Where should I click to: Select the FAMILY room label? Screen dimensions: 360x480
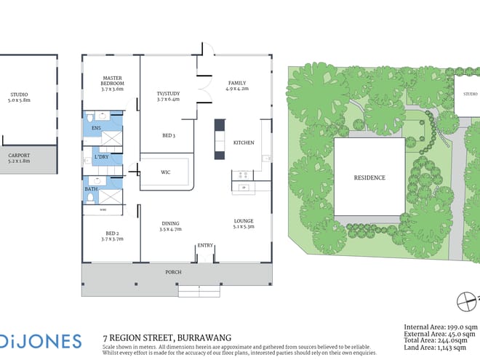pos(238,83)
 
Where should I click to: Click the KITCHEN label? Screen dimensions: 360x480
pos(243,143)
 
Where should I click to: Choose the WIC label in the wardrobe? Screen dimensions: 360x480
pos(165,172)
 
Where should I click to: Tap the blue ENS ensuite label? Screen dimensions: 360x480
pos(96,128)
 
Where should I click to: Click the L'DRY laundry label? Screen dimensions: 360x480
pos(102,157)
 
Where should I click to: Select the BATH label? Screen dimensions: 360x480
pos(92,189)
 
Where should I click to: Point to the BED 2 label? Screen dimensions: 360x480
pos(111,233)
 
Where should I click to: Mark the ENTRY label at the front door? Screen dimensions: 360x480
pos(205,246)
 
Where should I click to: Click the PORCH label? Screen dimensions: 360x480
pos(173,272)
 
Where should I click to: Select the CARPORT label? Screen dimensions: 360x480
pos(19,155)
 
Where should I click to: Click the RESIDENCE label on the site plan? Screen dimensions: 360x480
pos(369,177)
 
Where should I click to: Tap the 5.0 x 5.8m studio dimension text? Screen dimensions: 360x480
pos(20,100)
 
